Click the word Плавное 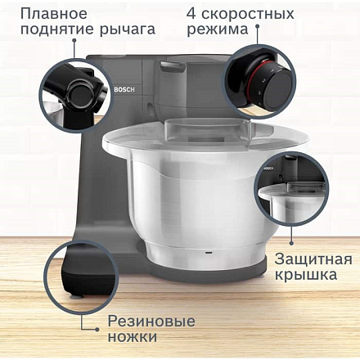point(54,14)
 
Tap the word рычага point(127,29)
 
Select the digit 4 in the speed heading point(191,14)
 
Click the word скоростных point(248,14)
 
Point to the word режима point(218,30)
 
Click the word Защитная point(313,259)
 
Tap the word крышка point(306,276)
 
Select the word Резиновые point(151,322)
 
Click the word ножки point(133,336)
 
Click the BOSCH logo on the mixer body point(124,89)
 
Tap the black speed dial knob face point(280,90)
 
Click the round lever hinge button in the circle point(80,96)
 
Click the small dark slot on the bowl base point(209,252)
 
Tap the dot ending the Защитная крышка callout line point(291,243)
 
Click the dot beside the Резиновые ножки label point(97,329)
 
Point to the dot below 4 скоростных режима point(257,26)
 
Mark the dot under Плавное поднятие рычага point(74,40)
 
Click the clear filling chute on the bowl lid point(208,129)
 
